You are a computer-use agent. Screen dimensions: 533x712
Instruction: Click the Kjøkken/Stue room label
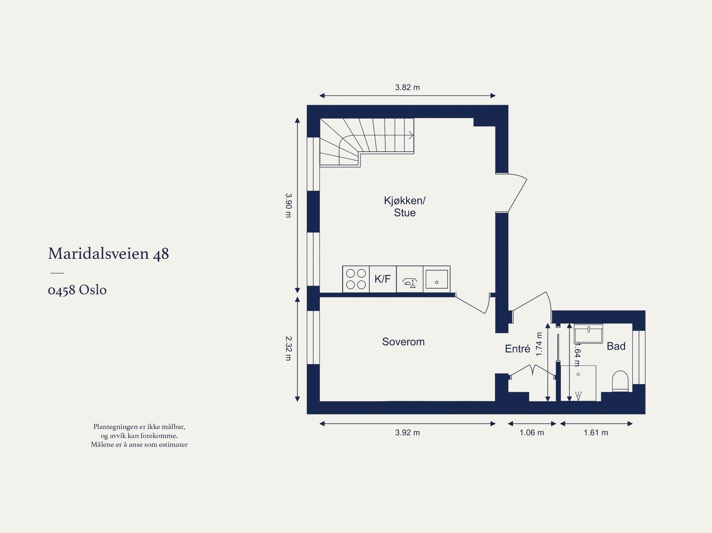tap(405, 206)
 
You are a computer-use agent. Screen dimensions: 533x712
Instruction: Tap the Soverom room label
tap(403, 342)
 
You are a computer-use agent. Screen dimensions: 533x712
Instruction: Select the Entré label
tap(517, 349)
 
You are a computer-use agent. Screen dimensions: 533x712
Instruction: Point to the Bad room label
tap(616, 346)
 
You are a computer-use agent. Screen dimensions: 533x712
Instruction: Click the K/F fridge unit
tap(383, 279)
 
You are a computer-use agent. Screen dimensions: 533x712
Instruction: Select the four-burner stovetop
tap(356, 279)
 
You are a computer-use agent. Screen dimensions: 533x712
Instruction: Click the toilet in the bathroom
tap(619, 382)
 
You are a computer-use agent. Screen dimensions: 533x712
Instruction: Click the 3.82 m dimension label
tap(407, 88)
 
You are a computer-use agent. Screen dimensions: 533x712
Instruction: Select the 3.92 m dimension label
tap(407, 432)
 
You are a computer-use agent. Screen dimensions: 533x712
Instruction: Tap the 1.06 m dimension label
tap(531, 432)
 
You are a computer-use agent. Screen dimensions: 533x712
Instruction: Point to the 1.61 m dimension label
tap(596, 432)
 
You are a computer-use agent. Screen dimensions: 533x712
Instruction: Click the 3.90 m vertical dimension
tap(288, 205)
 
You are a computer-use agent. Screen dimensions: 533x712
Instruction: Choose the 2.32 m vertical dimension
tap(288, 348)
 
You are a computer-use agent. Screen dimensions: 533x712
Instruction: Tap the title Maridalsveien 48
tap(109, 254)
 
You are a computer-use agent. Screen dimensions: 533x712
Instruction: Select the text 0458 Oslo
tap(77, 290)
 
